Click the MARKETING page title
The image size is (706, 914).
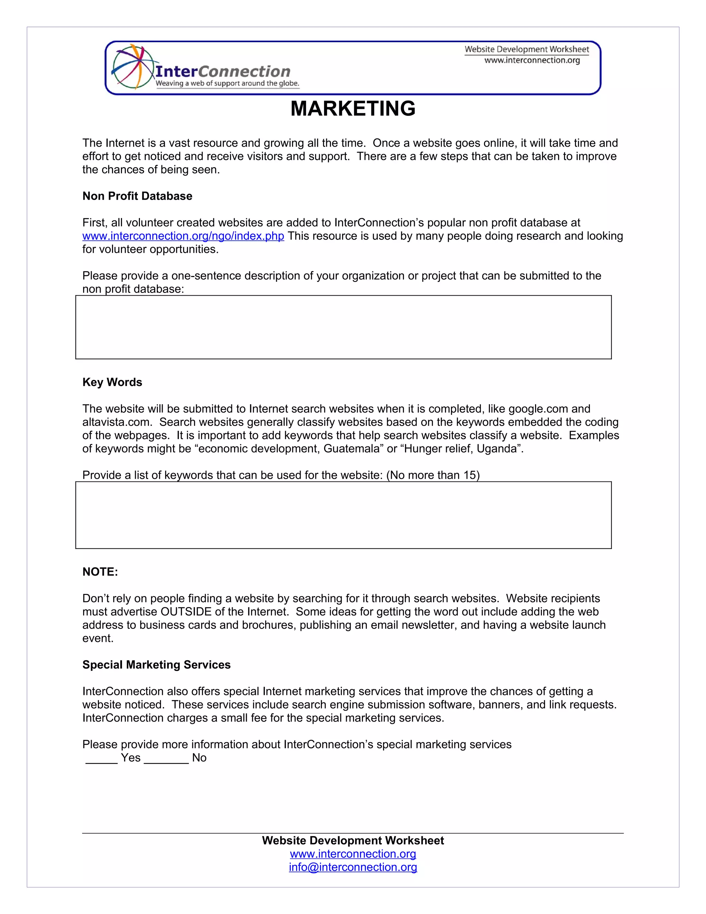353,109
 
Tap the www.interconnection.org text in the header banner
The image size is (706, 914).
532,60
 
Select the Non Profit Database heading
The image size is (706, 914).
137,196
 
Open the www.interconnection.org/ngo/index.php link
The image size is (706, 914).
183,236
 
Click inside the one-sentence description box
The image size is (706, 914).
343,327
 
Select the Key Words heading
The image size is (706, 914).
112,382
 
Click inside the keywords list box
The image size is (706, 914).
343,515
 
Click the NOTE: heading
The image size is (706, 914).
100,572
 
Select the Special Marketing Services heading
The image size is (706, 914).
157,665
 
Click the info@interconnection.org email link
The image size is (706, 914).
353,867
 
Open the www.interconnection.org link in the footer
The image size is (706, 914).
353,853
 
